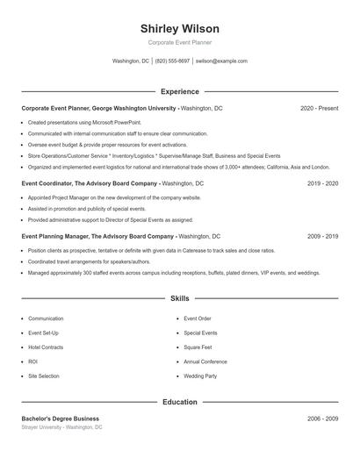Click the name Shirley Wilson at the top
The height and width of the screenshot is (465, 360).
[x=179, y=29]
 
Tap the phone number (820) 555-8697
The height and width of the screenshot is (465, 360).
[x=173, y=61]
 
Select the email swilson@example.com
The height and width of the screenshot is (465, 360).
[x=221, y=61]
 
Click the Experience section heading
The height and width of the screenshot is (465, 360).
[x=179, y=91]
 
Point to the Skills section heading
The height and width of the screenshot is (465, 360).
[x=179, y=298]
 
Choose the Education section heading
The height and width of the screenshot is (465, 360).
[x=179, y=402]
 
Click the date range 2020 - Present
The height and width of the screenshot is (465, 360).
[x=319, y=108]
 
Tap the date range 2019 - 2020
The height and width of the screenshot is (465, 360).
[x=322, y=184]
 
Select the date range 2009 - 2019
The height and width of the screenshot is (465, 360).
[x=322, y=236]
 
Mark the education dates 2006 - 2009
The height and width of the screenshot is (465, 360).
[x=322, y=418]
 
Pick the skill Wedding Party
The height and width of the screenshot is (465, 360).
[x=200, y=376]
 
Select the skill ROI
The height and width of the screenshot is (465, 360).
[x=32, y=361]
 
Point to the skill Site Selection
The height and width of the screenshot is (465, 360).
[x=44, y=376]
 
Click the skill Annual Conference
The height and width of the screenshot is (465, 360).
[x=205, y=361]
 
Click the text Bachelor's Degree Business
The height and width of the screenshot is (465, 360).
[x=60, y=418]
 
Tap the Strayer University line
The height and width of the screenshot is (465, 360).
[x=61, y=427]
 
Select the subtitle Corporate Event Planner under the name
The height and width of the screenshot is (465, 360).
[x=179, y=42]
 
